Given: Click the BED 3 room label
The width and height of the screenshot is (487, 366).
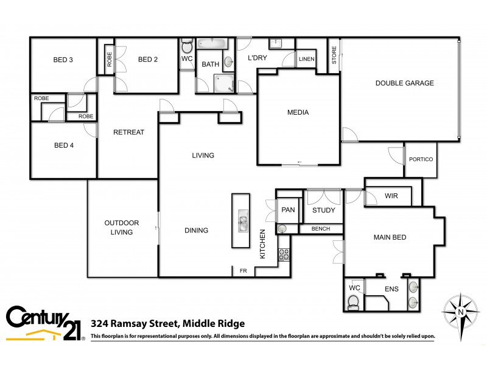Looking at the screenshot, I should [x=63, y=60].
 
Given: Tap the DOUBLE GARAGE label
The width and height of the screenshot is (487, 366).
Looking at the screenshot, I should [x=404, y=83].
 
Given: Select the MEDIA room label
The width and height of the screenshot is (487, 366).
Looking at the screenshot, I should [x=298, y=112].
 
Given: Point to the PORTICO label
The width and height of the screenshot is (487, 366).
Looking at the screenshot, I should [x=421, y=159].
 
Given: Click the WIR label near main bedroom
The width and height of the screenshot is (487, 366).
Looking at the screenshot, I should [x=391, y=196].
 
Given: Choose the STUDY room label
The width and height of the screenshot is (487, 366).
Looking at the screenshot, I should [x=324, y=211].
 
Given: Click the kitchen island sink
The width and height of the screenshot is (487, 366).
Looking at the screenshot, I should [x=242, y=221].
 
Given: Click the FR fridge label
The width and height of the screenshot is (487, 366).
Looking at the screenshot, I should [x=243, y=271].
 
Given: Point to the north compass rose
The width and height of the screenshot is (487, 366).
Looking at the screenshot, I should [x=461, y=310].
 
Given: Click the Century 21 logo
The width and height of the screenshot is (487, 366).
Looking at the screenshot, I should [x=44, y=322].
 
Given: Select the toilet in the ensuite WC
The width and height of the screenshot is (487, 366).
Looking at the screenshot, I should [x=352, y=301].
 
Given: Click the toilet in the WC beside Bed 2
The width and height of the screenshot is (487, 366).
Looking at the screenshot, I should [x=187, y=46].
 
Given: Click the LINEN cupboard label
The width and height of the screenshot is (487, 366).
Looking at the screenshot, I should [x=307, y=59].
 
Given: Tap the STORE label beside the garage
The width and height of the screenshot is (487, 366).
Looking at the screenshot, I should [x=334, y=55].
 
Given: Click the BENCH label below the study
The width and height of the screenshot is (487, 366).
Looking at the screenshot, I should [x=320, y=229].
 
